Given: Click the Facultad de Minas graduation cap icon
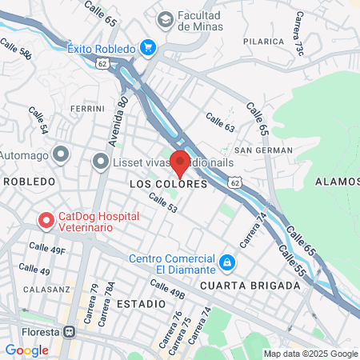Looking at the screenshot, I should point(166,18).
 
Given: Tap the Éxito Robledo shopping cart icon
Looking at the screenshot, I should point(147,48).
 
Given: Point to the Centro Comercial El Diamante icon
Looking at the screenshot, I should point(227,262).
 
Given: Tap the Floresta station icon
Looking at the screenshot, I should point(70,332).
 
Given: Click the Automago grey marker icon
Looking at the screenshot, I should point(60,154).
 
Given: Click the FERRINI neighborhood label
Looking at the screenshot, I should point(87,108).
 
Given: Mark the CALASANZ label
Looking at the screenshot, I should point(42,289).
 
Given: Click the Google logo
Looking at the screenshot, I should point(26,350).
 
